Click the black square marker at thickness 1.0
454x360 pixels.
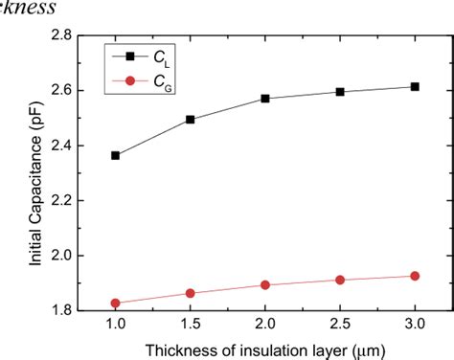(x=116, y=155)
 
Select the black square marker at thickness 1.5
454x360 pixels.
(x=191, y=120)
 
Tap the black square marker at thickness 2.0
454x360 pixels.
(x=265, y=99)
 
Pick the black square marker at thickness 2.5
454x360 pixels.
(x=340, y=92)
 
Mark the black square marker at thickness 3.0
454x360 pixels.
(x=415, y=86)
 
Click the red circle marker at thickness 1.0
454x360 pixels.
(x=116, y=304)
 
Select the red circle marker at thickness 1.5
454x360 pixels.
(x=191, y=293)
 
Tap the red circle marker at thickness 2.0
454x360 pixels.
(x=265, y=284)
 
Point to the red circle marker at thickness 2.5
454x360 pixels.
(x=340, y=280)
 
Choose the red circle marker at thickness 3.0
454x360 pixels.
(x=415, y=276)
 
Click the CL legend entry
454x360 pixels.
(x=140, y=56)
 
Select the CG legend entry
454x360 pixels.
(x=140, y=81)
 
